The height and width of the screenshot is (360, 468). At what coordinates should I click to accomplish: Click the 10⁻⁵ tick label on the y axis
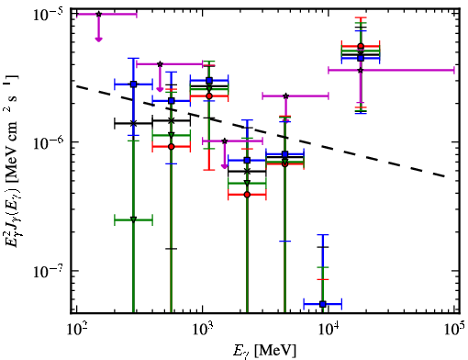[50, 15]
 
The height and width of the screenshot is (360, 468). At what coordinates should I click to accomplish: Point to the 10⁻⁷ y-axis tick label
[50, 271]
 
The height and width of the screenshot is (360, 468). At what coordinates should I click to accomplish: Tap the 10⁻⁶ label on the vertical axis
[50, 142]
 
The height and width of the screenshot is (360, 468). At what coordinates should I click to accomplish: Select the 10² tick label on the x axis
[76, 329]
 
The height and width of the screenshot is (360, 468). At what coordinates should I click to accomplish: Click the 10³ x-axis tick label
[203, 329]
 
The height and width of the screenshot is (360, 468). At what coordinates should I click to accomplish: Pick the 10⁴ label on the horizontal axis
[329, 329]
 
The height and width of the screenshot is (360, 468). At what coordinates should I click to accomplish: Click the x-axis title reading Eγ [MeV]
[265, 351]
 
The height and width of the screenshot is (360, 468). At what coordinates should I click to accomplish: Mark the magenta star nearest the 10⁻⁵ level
[98, 14]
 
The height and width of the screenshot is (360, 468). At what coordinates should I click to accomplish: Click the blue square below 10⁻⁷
[322, 304]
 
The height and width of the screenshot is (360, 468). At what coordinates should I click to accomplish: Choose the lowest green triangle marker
[133, 219]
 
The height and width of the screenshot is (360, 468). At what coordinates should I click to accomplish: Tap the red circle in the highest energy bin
[361, 46]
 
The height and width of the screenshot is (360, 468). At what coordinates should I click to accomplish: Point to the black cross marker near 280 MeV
[133, 123]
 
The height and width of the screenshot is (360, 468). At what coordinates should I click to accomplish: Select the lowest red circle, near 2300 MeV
[247, 195]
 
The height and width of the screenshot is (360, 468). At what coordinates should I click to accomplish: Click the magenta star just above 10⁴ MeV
[361, 71]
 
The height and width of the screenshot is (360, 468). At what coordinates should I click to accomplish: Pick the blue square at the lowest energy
[133, 84]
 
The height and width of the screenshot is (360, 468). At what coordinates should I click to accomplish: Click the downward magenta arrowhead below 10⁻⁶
[225, 166]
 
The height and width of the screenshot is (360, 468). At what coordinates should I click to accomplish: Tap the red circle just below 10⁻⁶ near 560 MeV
[172, 147]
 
